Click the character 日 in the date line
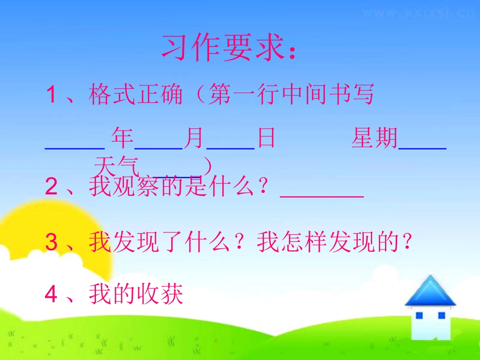[x=266, y=138]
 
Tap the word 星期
[x=374, y=138]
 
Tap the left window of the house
[x=419, y=316]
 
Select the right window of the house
[x=441, y=316]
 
